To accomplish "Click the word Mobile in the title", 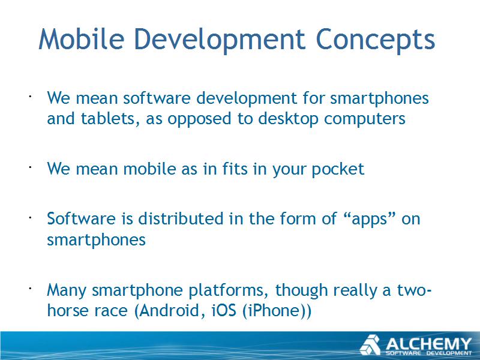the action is click(81, 39).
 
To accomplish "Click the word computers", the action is click(365, 119).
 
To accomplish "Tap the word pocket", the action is click(338, 169).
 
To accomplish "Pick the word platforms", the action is click(226, 290).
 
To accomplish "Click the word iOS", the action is click(224, 310).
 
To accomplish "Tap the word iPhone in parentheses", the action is click(275, 310).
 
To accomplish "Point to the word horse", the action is click(67, 310).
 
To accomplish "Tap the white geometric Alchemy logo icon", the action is click(370, 345).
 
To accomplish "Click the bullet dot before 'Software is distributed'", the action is click(31, 218).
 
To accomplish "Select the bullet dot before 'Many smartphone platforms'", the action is click(31, 289).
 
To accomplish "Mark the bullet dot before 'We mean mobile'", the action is click(31, 167).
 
